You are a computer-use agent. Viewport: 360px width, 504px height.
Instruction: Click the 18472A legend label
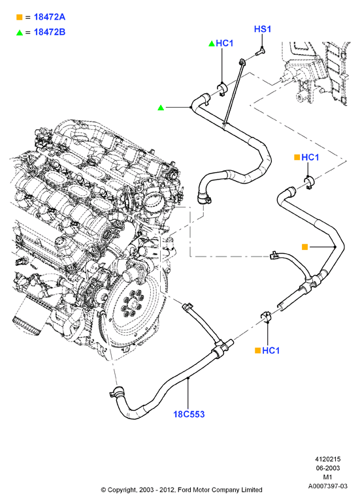tap(50, 17)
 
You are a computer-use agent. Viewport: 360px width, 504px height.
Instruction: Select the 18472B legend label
tap(50, 32)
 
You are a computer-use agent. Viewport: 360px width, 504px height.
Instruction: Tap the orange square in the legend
tap(20, 17)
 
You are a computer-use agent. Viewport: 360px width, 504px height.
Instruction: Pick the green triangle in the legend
tap(20, 33)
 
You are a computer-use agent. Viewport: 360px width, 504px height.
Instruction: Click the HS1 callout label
tap(263, 29)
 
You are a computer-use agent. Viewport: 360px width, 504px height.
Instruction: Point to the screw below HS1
tap(260, 51)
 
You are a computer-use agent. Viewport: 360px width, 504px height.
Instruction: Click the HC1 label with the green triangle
tap(225, 43)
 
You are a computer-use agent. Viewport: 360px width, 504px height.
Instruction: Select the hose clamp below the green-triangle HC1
tap(222, 89)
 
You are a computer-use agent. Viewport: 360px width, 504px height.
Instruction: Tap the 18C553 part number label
tap(189, 414)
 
